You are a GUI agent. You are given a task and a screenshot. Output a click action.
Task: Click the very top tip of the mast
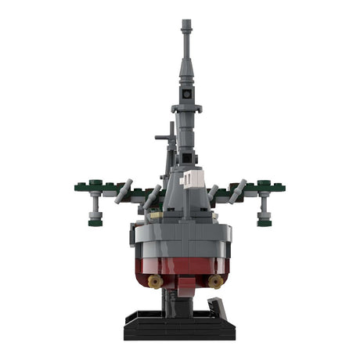click(185, 21)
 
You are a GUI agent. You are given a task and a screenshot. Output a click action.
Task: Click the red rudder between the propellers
click(184, 285)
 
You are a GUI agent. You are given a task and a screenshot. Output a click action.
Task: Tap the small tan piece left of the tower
click(157, 211)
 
